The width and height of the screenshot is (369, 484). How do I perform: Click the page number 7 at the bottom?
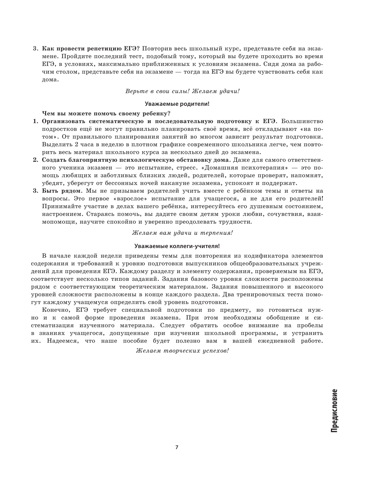(x=177, y=447)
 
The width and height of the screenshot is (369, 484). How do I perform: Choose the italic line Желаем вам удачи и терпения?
(x=182, y=233)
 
